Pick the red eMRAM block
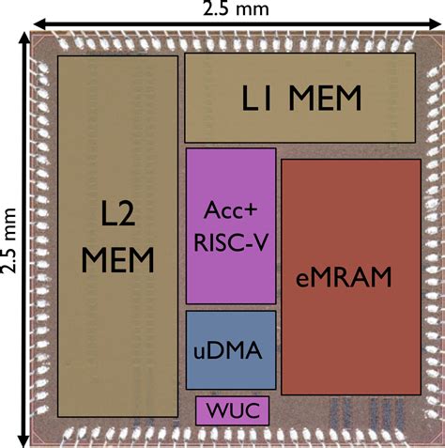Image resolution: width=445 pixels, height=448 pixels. (351, 276)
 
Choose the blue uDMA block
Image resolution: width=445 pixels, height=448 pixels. (231, 350)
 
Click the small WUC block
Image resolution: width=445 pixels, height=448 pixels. (232, 409)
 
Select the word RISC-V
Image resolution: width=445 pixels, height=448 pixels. (231, 239)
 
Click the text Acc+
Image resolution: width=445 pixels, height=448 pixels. (231, 211)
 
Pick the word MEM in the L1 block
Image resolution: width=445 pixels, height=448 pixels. (319, 98)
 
